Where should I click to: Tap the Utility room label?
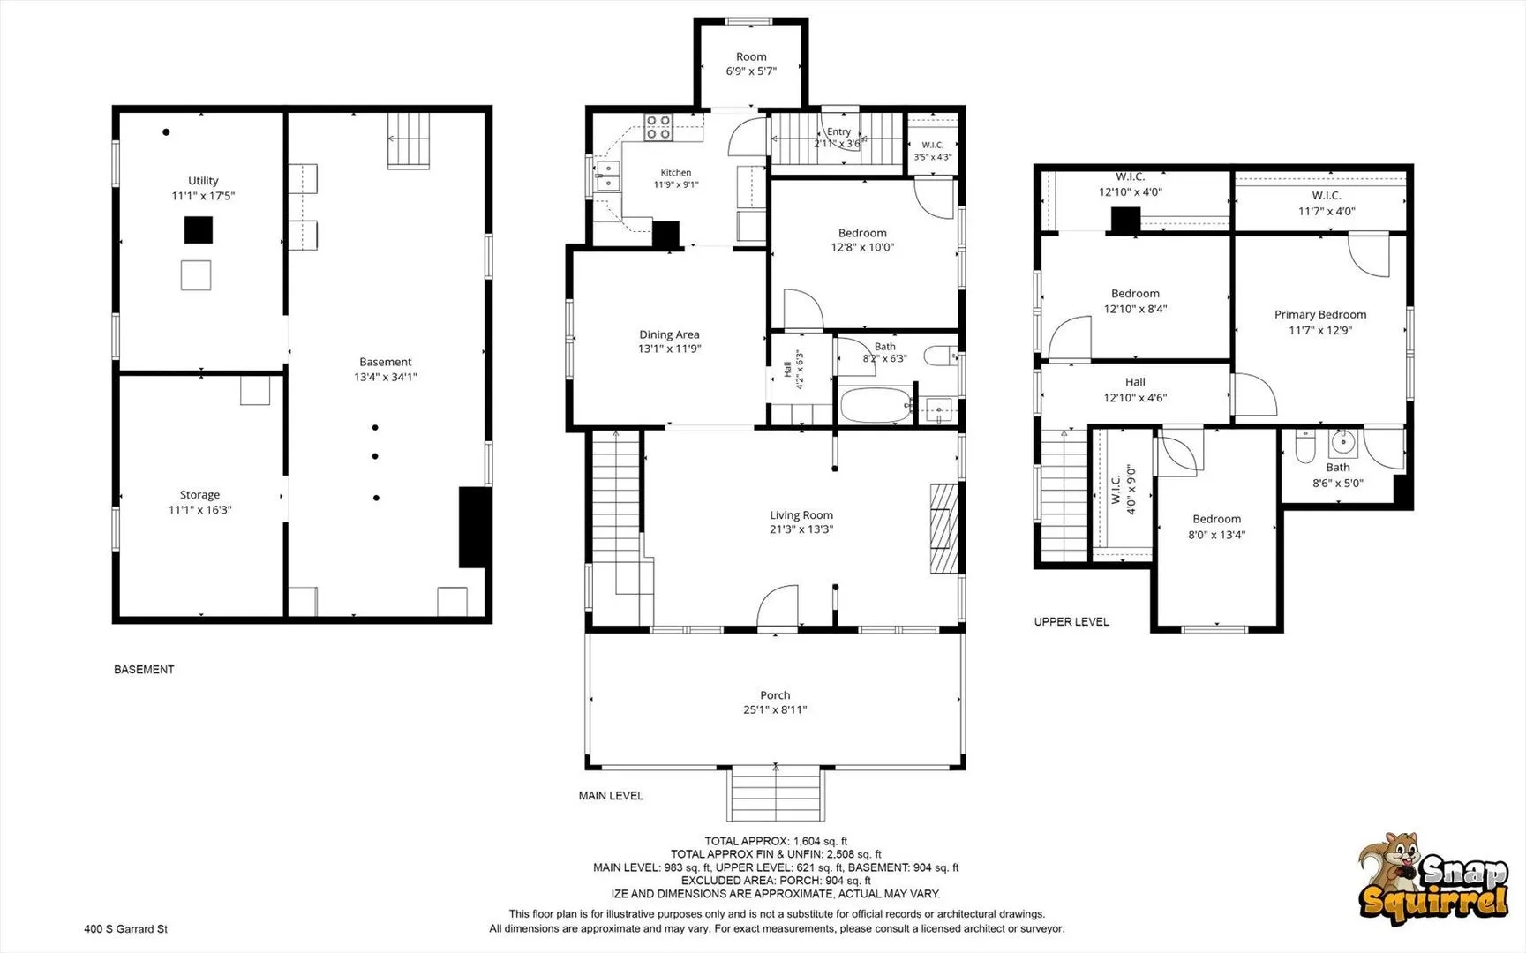[203, 181]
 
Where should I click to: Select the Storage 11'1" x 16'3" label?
[200, 502]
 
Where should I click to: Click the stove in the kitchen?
[658, 128]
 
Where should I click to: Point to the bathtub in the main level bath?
[875, 406]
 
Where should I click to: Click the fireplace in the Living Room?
[944, 529]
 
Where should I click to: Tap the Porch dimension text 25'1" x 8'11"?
[775, 710]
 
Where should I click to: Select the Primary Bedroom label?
[1320, 315]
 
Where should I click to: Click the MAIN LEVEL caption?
[611, 796]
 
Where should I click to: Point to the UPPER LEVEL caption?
[1071, 622]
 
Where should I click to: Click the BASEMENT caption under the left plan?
[144, 670]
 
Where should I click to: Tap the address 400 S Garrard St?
[125, 929]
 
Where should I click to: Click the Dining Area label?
[669, 334]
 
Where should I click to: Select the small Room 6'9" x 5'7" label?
[751, 64]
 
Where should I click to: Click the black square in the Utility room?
[199, 230]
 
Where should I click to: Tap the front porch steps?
[776, 794]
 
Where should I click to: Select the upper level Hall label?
[1135, 382]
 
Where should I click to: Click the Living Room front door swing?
[777, 607]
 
